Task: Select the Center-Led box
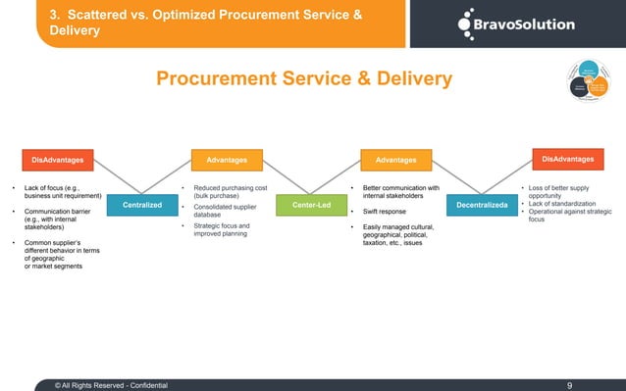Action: pos(312,205)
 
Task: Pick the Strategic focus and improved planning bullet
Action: pos(223,231)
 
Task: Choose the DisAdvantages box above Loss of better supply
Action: pos(567,158)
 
